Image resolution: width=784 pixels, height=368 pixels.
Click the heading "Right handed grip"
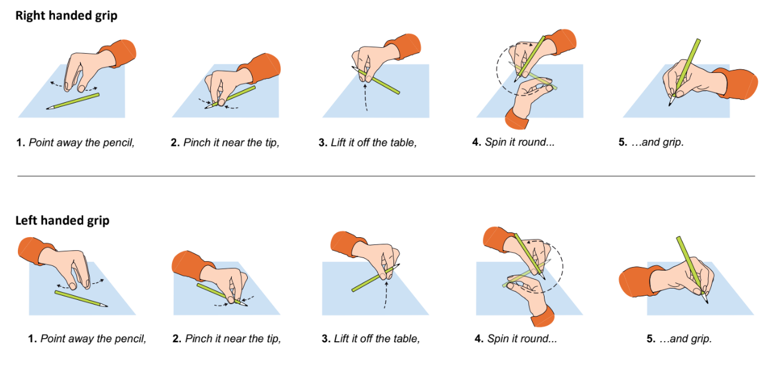pos(66,16)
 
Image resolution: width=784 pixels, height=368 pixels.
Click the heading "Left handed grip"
pos(62,220)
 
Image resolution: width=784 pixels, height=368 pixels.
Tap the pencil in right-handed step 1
pos(73,101)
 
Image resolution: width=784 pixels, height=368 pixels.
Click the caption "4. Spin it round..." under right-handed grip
pos(513,142)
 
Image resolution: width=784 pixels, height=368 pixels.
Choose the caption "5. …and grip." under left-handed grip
pos(679,339)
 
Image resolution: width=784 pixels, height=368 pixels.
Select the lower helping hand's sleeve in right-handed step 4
pos(516,119)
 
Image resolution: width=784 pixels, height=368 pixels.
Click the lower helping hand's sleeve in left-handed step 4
pos(543,317)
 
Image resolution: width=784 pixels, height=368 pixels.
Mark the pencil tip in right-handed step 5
pos(669,105)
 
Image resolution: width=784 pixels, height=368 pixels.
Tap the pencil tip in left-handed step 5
pos(708,302)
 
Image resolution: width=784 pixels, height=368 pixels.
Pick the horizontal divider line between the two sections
pos(386,176)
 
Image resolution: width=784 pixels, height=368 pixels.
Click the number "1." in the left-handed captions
pos(33,339)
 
